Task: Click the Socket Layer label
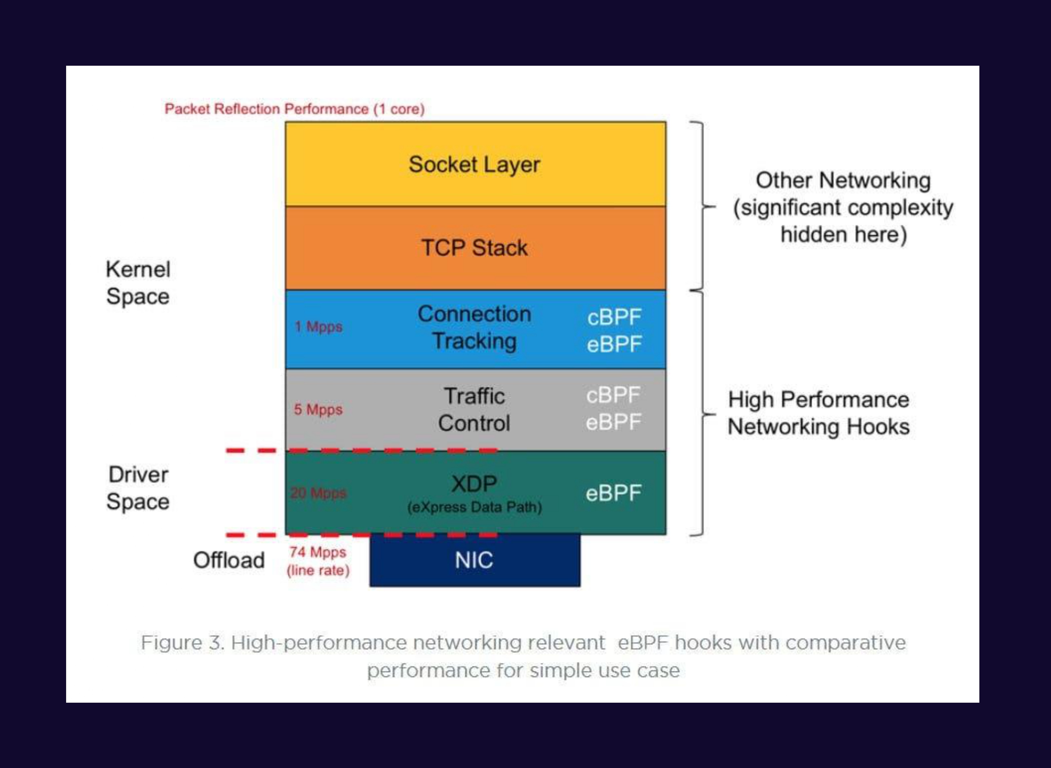[x=474, y=164]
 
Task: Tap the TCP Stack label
[x=474, y=248]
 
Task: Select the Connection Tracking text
[x=474, y=327]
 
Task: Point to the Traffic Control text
[x=474, y=410]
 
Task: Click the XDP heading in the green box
[x=474, y=484]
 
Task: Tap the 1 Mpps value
[x=318, y=327]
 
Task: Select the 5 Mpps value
[x=318, y=410]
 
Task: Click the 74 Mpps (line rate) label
[x=318, y=561]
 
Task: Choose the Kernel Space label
[x=138, y=283]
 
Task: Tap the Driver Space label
[x=138, y=488]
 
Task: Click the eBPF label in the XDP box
[x=614, y=493]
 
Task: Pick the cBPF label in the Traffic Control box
[x=614, y=395]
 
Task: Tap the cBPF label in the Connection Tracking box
[x=614, y=318]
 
